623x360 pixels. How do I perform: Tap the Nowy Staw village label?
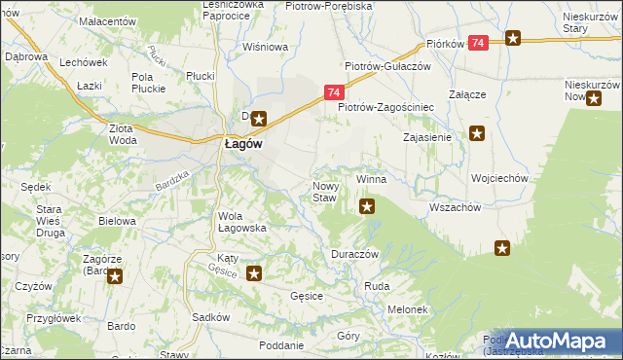[324, 192]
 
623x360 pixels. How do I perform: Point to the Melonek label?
[409, 309]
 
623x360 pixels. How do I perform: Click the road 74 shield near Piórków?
[478, 43]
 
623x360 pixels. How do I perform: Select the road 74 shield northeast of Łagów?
[333, 92]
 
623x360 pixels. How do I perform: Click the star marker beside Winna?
[367, 205]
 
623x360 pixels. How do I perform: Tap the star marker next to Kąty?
[254, 274]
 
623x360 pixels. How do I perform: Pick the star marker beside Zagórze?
[115, 276]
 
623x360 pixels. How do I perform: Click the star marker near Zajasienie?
[476, 133]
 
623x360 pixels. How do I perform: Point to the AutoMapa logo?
[555, 341]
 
